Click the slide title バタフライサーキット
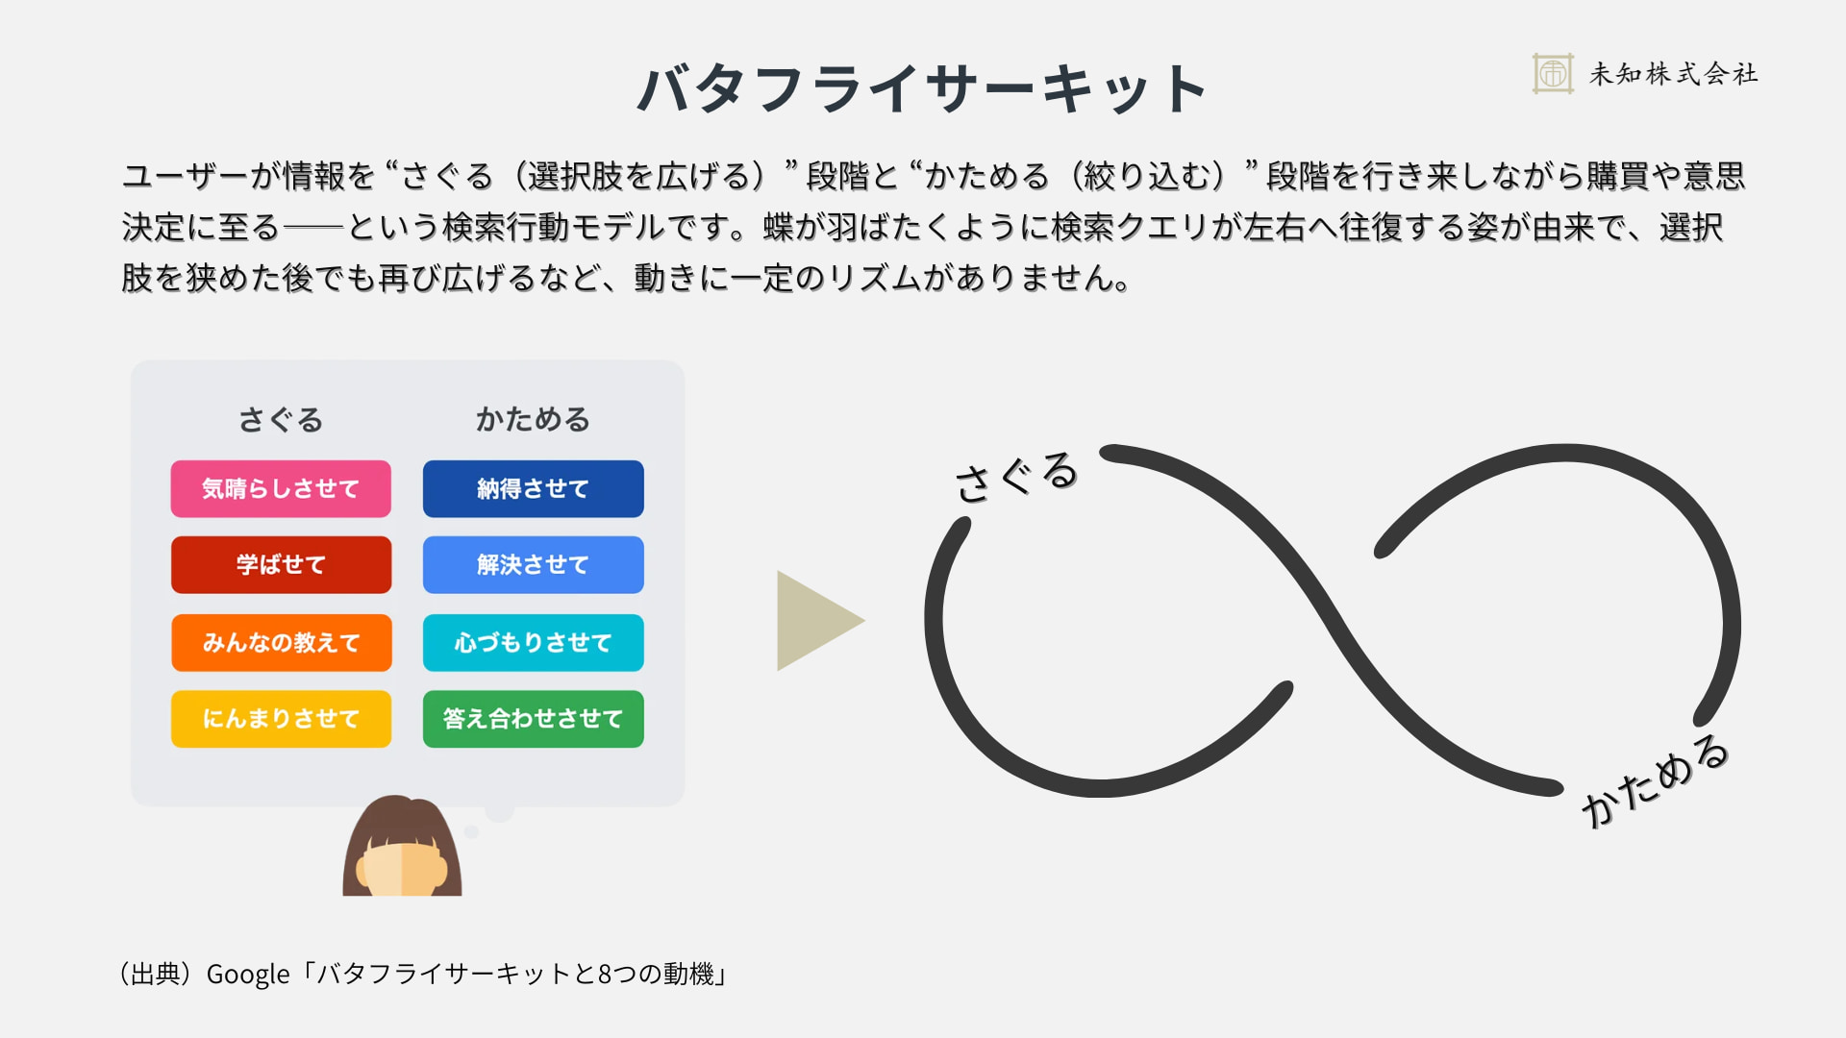tap(921, 88)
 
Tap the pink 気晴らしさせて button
tap(281, 489)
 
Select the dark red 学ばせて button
tap(281, 565)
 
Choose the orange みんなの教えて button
tap(281, 642)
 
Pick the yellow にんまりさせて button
tap(281, 719)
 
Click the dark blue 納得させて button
tap(533, 489)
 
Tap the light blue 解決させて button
tap(533, 565)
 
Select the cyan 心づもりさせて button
tap(533, 642)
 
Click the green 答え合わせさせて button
tap(533, 719)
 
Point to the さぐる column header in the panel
tap(281, 420)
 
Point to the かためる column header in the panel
tap(533, 420)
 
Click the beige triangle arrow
tap(812, 621)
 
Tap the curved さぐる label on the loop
tap(1016, 476)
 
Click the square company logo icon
tap(1553, 73)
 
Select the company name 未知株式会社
tap(1673, 74)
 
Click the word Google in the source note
tap(248, 975)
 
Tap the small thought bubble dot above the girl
tap(471, 831)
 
